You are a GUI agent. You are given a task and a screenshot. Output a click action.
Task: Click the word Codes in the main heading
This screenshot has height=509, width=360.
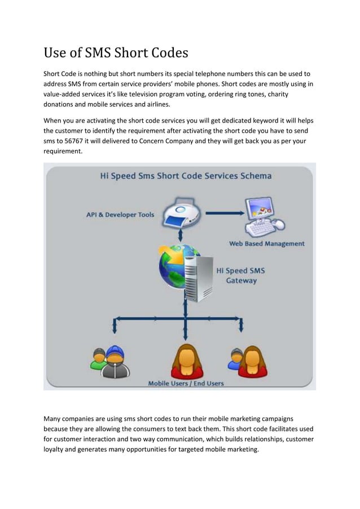pos(165,54)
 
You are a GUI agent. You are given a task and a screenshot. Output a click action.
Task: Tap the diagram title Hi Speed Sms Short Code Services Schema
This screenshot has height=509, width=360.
pos(186,175)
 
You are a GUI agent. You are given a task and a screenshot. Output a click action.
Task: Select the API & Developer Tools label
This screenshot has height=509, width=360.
pos(120,215)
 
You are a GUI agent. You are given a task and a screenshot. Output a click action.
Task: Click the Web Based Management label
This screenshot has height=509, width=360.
pos(266,244)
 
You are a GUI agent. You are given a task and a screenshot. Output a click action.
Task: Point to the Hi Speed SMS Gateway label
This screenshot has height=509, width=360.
pos(241,275)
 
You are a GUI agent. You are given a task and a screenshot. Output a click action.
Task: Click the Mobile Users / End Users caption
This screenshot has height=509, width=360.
pos(186,383)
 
